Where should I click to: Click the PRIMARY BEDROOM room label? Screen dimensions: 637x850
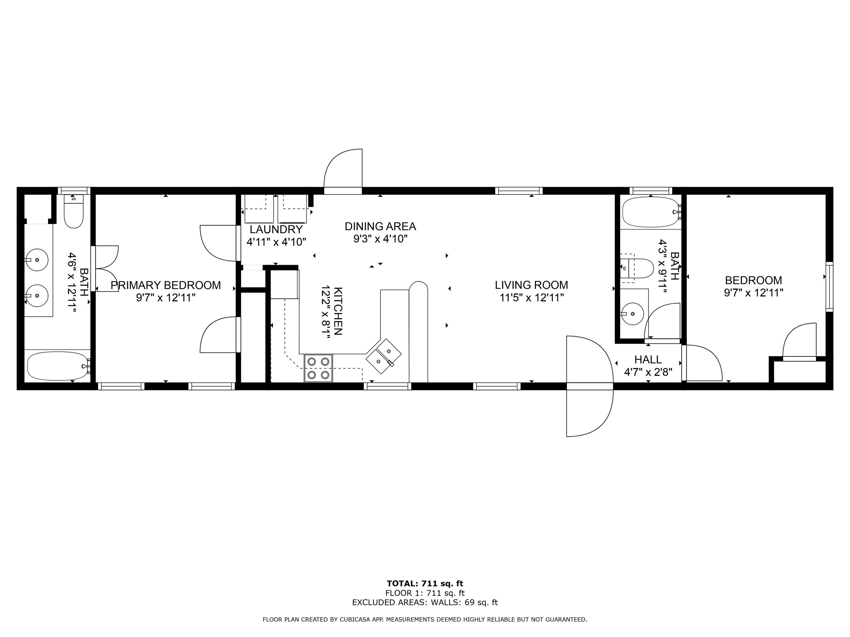coord(166,285)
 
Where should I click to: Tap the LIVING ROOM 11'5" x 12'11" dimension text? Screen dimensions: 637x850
coord(532,297)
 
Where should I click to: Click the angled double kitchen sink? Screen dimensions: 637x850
coord(383,356)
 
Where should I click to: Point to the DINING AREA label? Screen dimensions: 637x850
coord(380,226)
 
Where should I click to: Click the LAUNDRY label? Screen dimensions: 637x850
coord(276,229)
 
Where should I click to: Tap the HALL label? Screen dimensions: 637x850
coord(648,360)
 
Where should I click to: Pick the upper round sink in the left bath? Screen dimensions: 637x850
coord(37,260)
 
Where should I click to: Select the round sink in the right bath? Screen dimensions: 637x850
coord(632,314)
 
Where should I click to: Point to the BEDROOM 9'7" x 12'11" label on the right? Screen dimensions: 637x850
coord(753,286)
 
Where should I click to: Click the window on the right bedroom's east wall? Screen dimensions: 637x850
coord(829,286)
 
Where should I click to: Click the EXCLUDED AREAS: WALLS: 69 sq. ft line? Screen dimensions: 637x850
coord(425,602)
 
